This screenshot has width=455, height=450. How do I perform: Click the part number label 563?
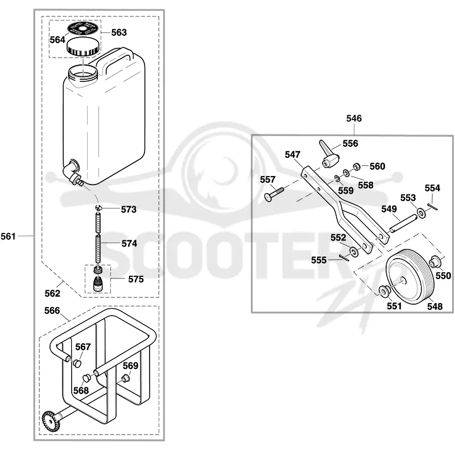pos(119,32)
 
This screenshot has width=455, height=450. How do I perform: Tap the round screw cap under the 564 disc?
pos(83,48)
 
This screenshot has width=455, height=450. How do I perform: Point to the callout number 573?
pos(129,209)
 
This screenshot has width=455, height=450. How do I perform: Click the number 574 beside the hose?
pos(129,243)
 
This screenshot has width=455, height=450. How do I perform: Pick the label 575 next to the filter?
pos(136,279)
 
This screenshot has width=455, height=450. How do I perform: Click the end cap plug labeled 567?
pos(77,363)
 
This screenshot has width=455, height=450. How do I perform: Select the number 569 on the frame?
pos(131,366)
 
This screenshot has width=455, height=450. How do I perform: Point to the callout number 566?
pos(52,311)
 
